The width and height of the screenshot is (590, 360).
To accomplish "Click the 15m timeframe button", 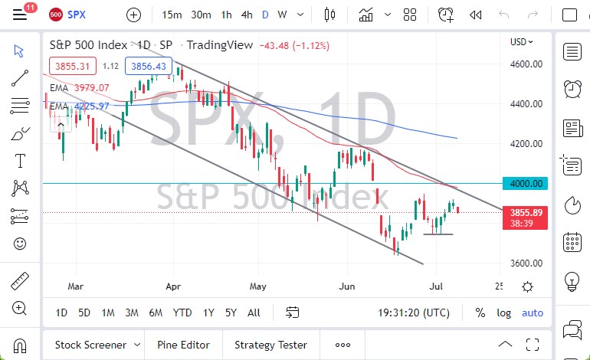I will pos(172,15).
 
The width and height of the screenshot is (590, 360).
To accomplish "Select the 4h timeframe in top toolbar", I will pos(247,15).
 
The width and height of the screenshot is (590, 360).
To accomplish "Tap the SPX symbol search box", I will pos(77,15).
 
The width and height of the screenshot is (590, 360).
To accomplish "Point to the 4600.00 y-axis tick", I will pos(526,64).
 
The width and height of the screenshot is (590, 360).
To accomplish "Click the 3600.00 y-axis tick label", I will pos(526,263).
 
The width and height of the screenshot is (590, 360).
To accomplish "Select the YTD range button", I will pos(182,313).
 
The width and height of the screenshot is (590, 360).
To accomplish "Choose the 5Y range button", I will pos(231,313).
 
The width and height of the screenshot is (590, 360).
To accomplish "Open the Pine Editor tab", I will pos(184,345).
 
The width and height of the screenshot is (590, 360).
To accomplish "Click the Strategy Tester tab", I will pos(270,345).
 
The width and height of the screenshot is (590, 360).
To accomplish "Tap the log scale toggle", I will pos(503,313).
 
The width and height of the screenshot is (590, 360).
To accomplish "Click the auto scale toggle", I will pos(532,313).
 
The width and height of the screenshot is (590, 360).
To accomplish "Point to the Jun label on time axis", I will pos(348,286).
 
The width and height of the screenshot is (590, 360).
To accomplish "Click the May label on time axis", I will pos(257,286).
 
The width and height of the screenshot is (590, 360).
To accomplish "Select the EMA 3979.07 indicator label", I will pos(80,88).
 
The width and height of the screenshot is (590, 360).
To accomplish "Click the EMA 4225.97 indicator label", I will pos(80,106).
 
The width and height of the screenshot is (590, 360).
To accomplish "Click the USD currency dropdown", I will pos(521,42).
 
